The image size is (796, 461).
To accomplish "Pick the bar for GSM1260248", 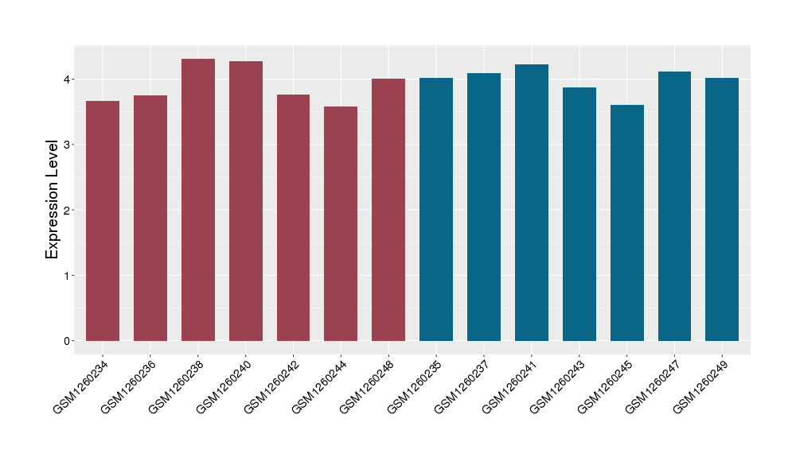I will click(x=388, y=210).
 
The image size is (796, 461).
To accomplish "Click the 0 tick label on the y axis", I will click(x=68, y=341).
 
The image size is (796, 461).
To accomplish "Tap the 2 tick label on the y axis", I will click(x=68, y=211).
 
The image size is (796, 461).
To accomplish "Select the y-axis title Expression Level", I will click(x=53, y=199).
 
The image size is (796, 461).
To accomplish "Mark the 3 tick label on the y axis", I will click(x=68, y=145).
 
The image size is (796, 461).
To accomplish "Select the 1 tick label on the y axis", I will click(x=68, y=276).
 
